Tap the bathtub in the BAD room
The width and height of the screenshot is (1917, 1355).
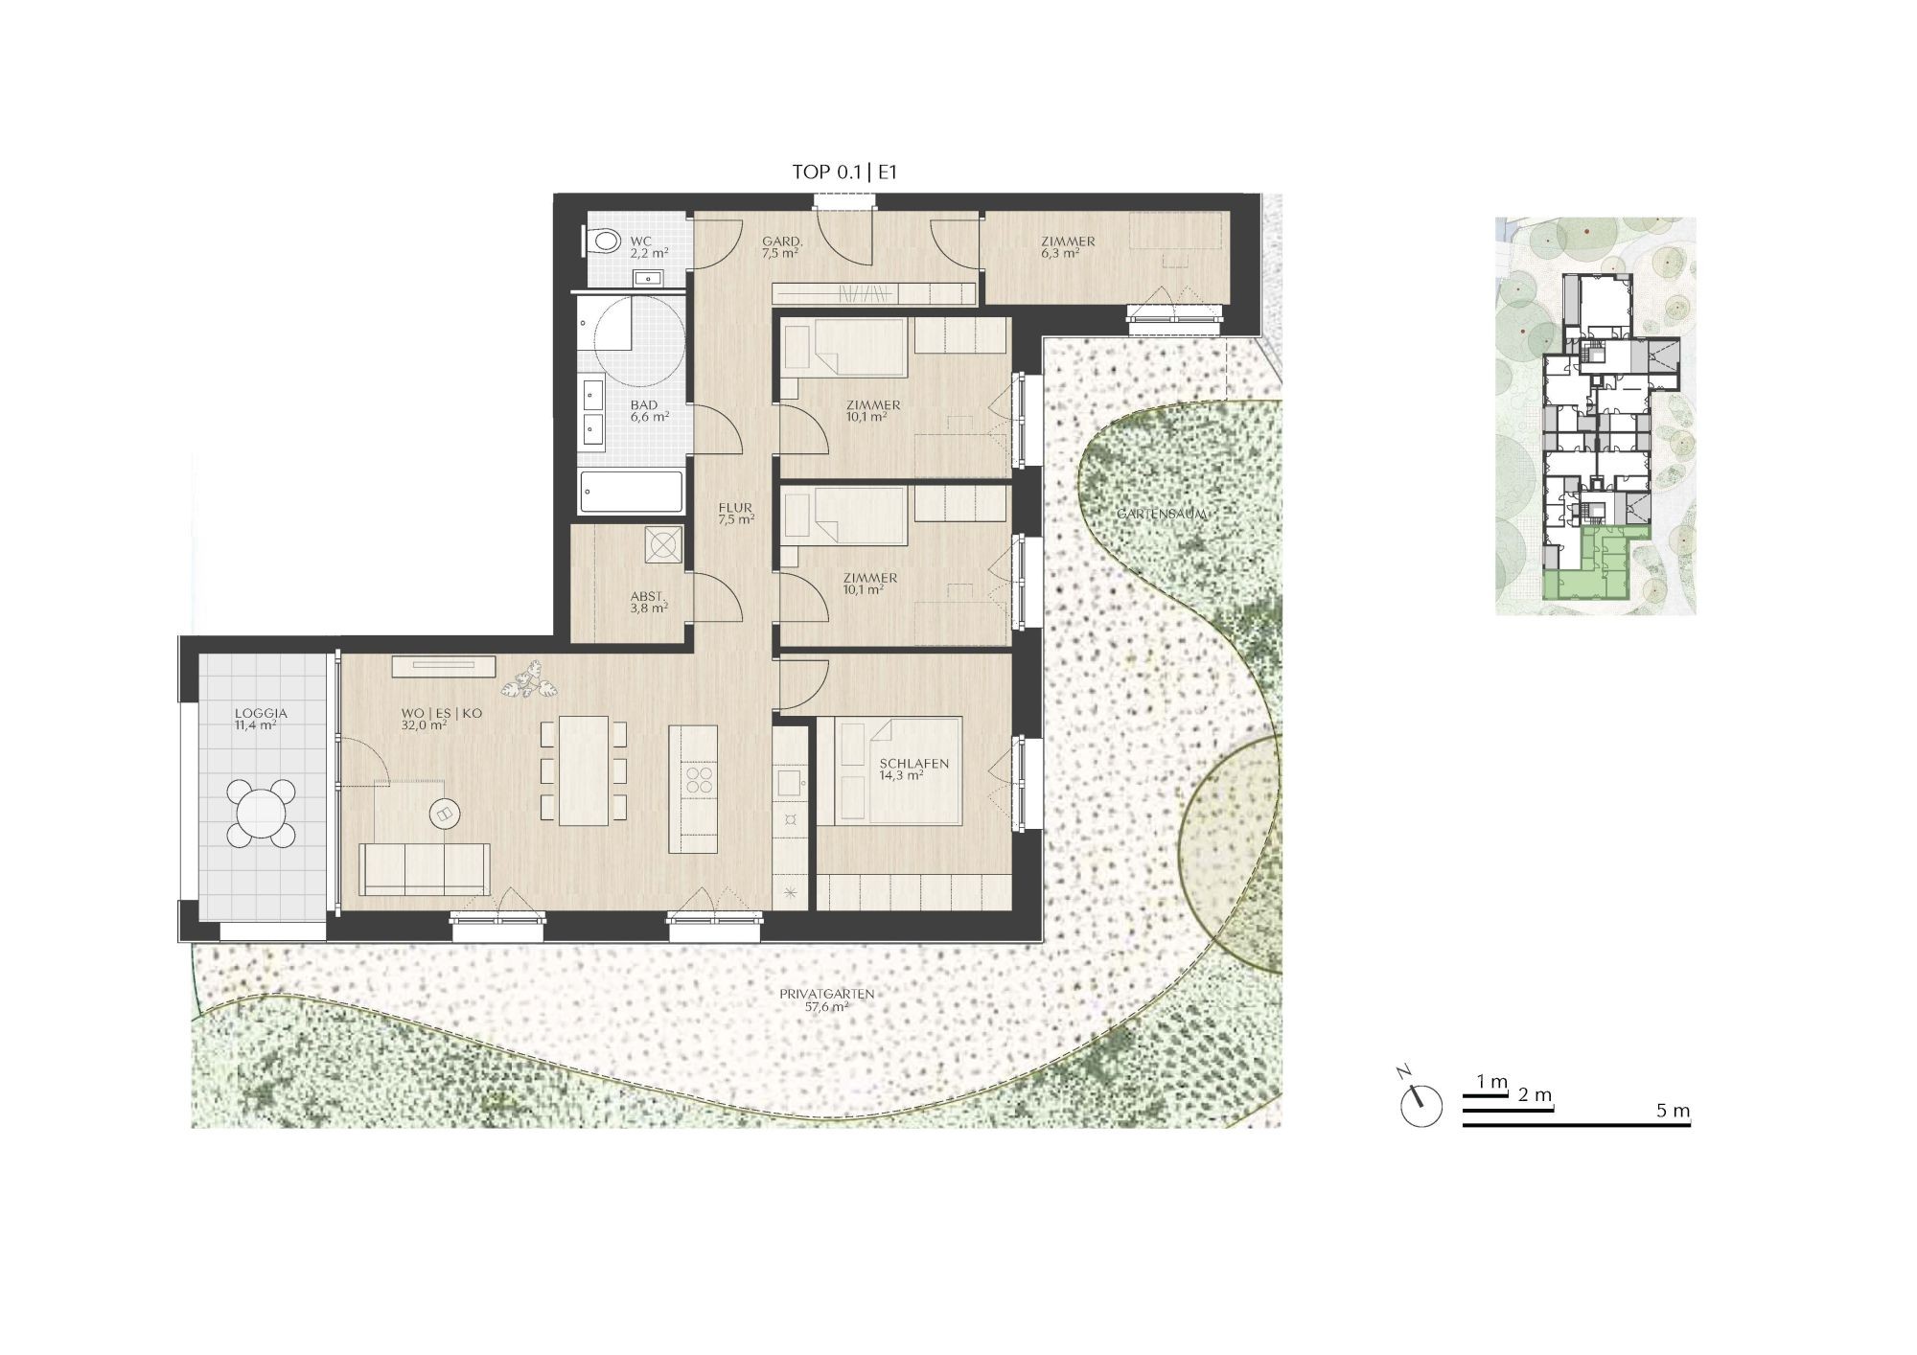click(x=633, y=493)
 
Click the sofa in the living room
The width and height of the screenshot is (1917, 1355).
click(x=425, y=869)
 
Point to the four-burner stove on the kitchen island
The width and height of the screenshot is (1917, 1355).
click(x=700, y=779)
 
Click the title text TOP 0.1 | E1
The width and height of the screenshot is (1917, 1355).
click(x=844, y=172)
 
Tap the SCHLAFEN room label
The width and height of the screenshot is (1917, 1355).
click(x=914, y=764)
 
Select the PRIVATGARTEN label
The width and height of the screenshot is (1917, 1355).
click(x=827, y=994)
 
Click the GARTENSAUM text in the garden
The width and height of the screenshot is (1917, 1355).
click(x=1162, y=515)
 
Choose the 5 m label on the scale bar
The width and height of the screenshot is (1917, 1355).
click(x=1673, y=1111)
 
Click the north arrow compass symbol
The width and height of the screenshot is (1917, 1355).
click(x=1419, y=1100)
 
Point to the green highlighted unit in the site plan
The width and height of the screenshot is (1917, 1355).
click(x=1596, y=567)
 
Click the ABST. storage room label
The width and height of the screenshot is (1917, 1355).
click(x=648, y=595)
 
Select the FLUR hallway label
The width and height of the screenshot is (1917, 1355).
click(x=736, y=508)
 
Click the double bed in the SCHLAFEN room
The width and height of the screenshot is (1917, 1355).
click(x=898, y=770)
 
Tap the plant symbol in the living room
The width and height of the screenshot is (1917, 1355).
click(x=523, y=679)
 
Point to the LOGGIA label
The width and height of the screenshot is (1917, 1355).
click(x=261, y=714)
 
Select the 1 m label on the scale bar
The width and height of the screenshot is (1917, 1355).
click(x=1492, y=1082)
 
